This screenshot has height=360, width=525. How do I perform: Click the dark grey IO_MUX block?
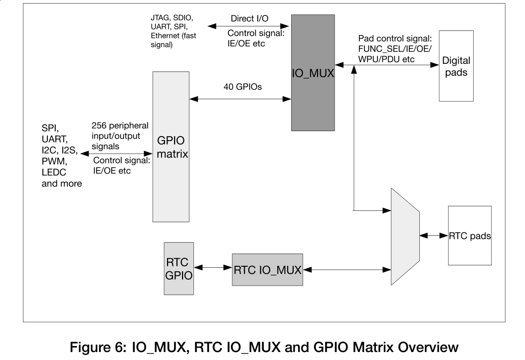point(313,73)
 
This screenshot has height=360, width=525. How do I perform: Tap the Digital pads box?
point(456,66)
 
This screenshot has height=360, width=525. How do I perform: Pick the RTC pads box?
point(470,235)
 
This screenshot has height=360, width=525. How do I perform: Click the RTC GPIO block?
point(178,268)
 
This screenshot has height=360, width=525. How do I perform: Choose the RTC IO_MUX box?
point(267,269)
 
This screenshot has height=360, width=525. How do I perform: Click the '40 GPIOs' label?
point(243,86)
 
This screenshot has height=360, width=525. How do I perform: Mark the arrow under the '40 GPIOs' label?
point(240,99)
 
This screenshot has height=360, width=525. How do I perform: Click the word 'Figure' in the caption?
point(92,347)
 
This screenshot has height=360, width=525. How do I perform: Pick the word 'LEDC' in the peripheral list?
point(54,173)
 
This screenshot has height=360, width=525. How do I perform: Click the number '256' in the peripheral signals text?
point(100,127)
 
